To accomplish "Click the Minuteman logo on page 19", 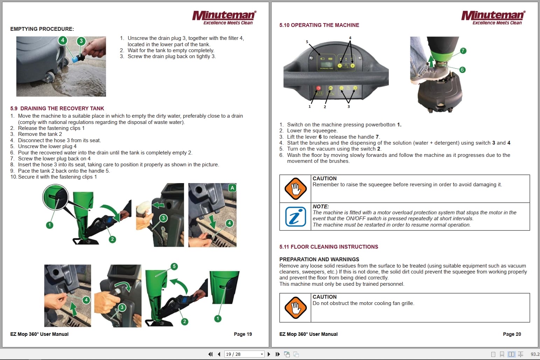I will [x=224, y=17].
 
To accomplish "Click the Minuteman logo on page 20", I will [x=493, y=17].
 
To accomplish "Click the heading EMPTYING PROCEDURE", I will [x=42, y=29].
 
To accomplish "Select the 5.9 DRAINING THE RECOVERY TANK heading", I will [x=57, y=109].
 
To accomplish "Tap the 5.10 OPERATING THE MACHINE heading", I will [x=319, y=25].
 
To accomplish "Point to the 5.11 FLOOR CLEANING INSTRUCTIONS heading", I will [x=329, y=247].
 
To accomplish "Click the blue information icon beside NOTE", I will [x=295, y=217].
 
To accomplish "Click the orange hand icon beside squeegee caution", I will [x=295, y=189].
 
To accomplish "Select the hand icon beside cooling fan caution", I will [x=295, y=307].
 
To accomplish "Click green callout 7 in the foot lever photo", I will [x=463, y=51].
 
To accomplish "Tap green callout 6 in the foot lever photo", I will [x=462, y=70].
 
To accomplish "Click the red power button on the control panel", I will [x=318, y=88].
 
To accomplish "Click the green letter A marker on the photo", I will [x=232, y=188].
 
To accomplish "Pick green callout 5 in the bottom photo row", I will [x=174, y=266].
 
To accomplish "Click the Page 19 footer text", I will [x=243, y=334].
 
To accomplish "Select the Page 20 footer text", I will [x=512, y=334].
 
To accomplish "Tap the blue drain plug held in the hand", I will [x=75, y=60].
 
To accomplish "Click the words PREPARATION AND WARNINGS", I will [x=319, y=259].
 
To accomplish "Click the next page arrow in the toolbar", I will [x=269, y=354].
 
